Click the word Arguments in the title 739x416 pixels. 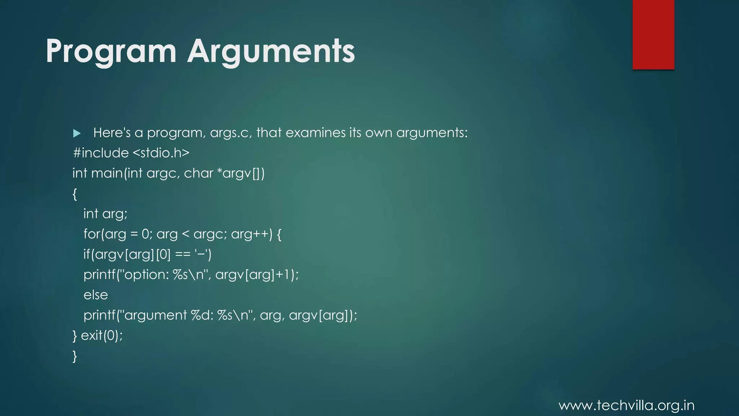(x=271, y=51)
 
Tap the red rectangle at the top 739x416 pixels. (x=653, y=34)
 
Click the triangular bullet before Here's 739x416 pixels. (x=76, y=134)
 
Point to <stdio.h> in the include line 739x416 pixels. (x=161, y=153)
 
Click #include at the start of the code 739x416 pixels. (x=101, y=153)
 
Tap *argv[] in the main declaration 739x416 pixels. (x=239, y=173)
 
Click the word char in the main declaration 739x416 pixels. (x=198, y=173)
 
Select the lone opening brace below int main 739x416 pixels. (x=75, y=194)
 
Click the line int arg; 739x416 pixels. (x=105, y=214)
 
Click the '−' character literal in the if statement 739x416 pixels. (x=201, y=254)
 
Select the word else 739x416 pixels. (x=96, y=295)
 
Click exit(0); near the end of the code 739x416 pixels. (x=102, y=335)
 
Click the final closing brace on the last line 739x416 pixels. (x=75, y=356)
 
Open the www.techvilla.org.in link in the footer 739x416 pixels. (x=626, y=406)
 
